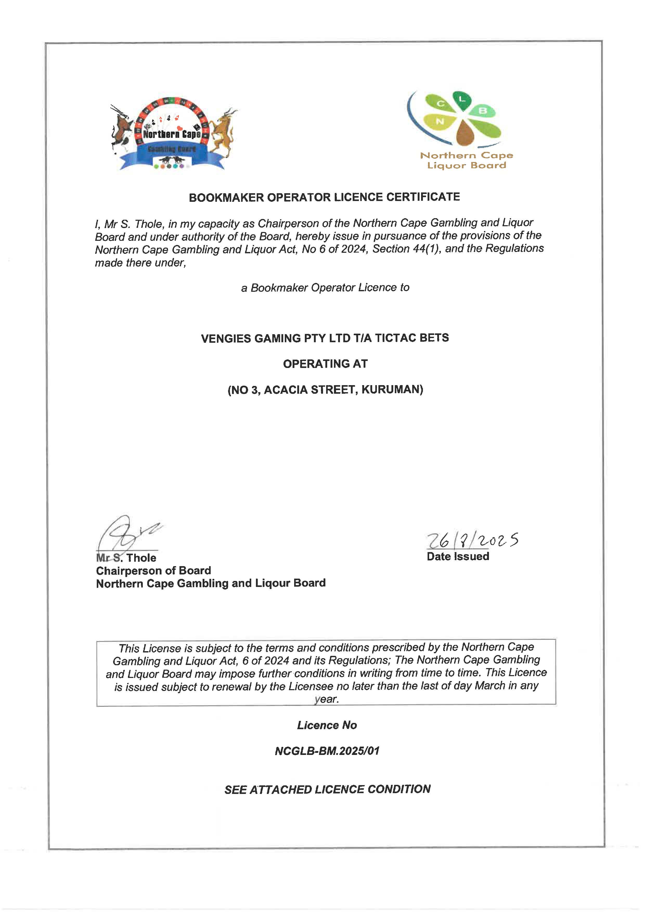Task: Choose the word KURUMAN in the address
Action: pos(392,389)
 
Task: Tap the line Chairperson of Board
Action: pos(153,571)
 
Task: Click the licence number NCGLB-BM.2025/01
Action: pos(327,751)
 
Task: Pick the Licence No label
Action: pos(327,725)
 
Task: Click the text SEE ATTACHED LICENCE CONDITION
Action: pos(327,789)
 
